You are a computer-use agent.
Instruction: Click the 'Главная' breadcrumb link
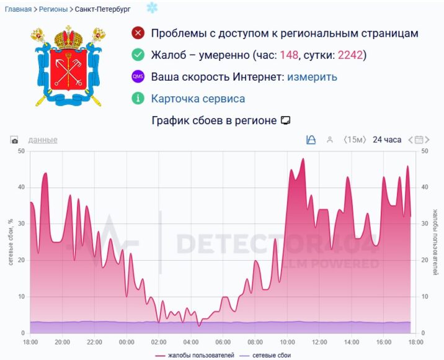pyautogui.click(x=19, y=9)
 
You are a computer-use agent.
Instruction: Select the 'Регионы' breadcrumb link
pyautogui.click(x=53, y=9)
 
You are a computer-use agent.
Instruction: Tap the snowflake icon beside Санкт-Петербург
pyautogui.click(x=152, y=7)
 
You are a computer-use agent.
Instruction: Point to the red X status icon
pyautogui.click(x=138, y=34)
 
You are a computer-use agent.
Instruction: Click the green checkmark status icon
pyautogui.click(x=138, y=55)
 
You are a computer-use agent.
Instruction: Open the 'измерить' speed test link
pyautogui.click(x=312, y=77)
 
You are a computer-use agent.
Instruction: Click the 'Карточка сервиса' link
pyautogui.click(x=198, y=99)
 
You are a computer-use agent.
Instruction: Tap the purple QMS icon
pyautogui.click(x=138, y=77)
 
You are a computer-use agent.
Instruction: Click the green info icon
pyautogui.click(x=138, y=99)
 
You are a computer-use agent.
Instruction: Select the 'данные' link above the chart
pyautogui.click(x=43, y=140)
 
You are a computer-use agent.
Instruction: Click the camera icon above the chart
pyautogui.click(x=14, y=140)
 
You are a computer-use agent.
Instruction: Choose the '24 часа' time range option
pyautogui.click(x=387, y=140)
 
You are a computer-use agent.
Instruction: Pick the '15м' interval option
pyautogui.click(x=355, y=140)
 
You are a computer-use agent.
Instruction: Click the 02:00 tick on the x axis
pyautogui.click(x=159, y=342)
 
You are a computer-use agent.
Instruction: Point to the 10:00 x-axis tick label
pyautogui.click(x=287, y=342)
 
